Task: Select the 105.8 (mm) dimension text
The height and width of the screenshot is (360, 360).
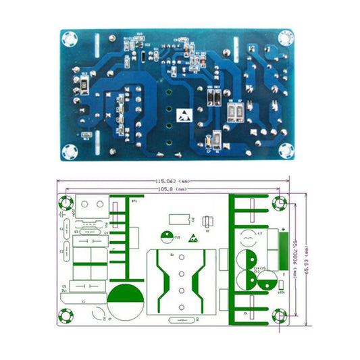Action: coord(174,190)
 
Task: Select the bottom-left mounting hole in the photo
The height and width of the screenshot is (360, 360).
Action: coord(68,153)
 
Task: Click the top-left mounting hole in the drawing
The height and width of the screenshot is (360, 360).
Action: coord(67,203)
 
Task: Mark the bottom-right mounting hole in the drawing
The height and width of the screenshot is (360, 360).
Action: coord(280,315)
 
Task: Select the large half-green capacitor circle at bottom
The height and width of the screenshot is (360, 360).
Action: coord(123,299)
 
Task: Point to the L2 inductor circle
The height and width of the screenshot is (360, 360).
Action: coord(248,237)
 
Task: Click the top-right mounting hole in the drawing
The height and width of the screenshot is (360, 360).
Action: coord(280,203)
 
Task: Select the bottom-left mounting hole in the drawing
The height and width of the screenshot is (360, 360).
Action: coord(67,315)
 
